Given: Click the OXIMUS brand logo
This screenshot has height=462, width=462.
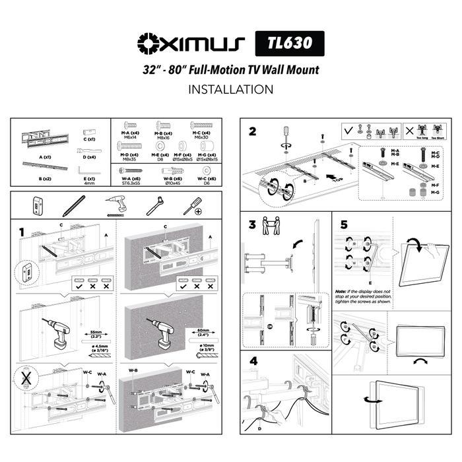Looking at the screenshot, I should coord(191,44).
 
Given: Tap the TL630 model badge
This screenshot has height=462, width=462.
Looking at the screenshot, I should coord(290,44).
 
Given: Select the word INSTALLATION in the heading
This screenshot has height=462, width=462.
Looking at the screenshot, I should coord(230,89).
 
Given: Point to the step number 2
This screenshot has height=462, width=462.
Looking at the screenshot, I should coord(252,131).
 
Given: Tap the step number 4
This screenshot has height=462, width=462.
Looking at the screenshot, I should coord(252,361).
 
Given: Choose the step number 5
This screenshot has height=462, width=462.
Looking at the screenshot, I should coord(343,224).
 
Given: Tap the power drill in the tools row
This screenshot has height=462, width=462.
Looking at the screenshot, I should coord(116,206).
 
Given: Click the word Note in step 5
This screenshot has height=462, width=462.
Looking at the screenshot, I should coord(341,290).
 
